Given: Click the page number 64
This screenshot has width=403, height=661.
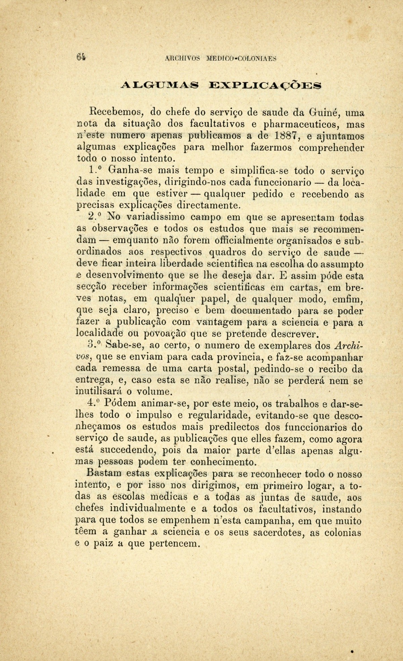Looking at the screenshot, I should coord(81,57).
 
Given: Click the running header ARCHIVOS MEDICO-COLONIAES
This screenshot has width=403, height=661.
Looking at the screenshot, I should coord(221,59).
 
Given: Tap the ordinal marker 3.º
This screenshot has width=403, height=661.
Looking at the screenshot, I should coord(93,345).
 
